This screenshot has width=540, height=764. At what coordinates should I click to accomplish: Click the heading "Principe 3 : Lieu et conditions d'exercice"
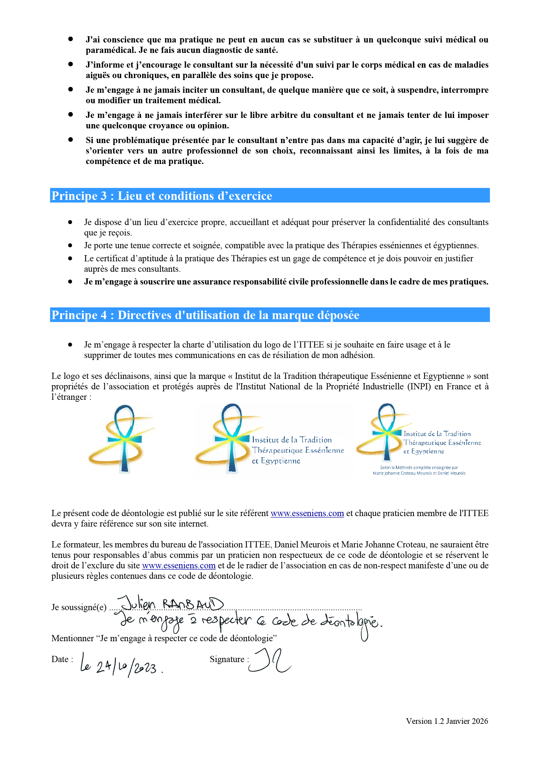162,196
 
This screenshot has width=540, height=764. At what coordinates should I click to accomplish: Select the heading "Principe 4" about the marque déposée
205,315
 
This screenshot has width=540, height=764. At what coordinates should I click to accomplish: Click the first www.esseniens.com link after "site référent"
307,513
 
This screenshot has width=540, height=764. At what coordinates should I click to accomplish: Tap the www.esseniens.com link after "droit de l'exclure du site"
179,565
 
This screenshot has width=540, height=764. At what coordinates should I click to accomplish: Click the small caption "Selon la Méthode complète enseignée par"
419,467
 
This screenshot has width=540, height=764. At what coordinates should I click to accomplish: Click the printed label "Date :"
62,659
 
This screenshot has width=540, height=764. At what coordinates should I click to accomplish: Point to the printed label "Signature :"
229,659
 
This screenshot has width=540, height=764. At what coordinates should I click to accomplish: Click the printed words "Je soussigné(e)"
79,607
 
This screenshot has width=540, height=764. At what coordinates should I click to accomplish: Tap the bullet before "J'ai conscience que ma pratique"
71,39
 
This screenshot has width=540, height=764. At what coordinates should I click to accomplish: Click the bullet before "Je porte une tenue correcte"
70,246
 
